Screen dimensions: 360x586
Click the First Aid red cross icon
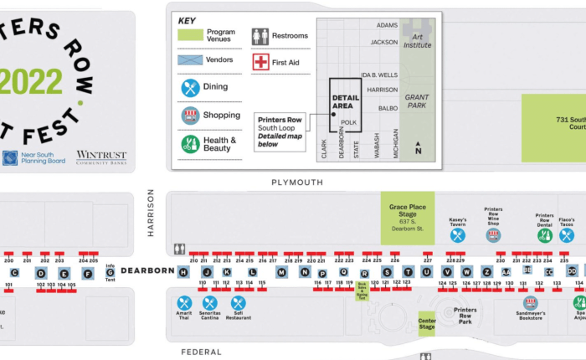tap(261, 62)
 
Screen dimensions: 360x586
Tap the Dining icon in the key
tap(191, 87)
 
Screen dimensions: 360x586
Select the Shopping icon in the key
tap(191, 116)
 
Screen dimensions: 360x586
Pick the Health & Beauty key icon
tap(191, 144)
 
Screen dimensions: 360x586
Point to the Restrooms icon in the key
tap(260, 36)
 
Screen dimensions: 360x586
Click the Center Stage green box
tap(427, 322)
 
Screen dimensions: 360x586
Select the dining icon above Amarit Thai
tap(185, 303)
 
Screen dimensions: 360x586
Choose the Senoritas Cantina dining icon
tap(210, 303)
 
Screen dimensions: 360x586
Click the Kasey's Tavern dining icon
tap(458, 235)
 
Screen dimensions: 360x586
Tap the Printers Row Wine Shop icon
tap(493, 235)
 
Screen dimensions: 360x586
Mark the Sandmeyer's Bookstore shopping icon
tap(530, 302)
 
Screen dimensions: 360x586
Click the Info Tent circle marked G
tap(111, 272)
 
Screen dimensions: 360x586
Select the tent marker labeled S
tap(387, 272)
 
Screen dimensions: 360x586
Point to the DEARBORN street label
tap(147, 270)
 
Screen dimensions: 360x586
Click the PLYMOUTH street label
tap(296, 182)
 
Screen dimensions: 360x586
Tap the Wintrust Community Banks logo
tap(101, 157)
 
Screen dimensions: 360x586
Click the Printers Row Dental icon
tap(545, 235)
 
